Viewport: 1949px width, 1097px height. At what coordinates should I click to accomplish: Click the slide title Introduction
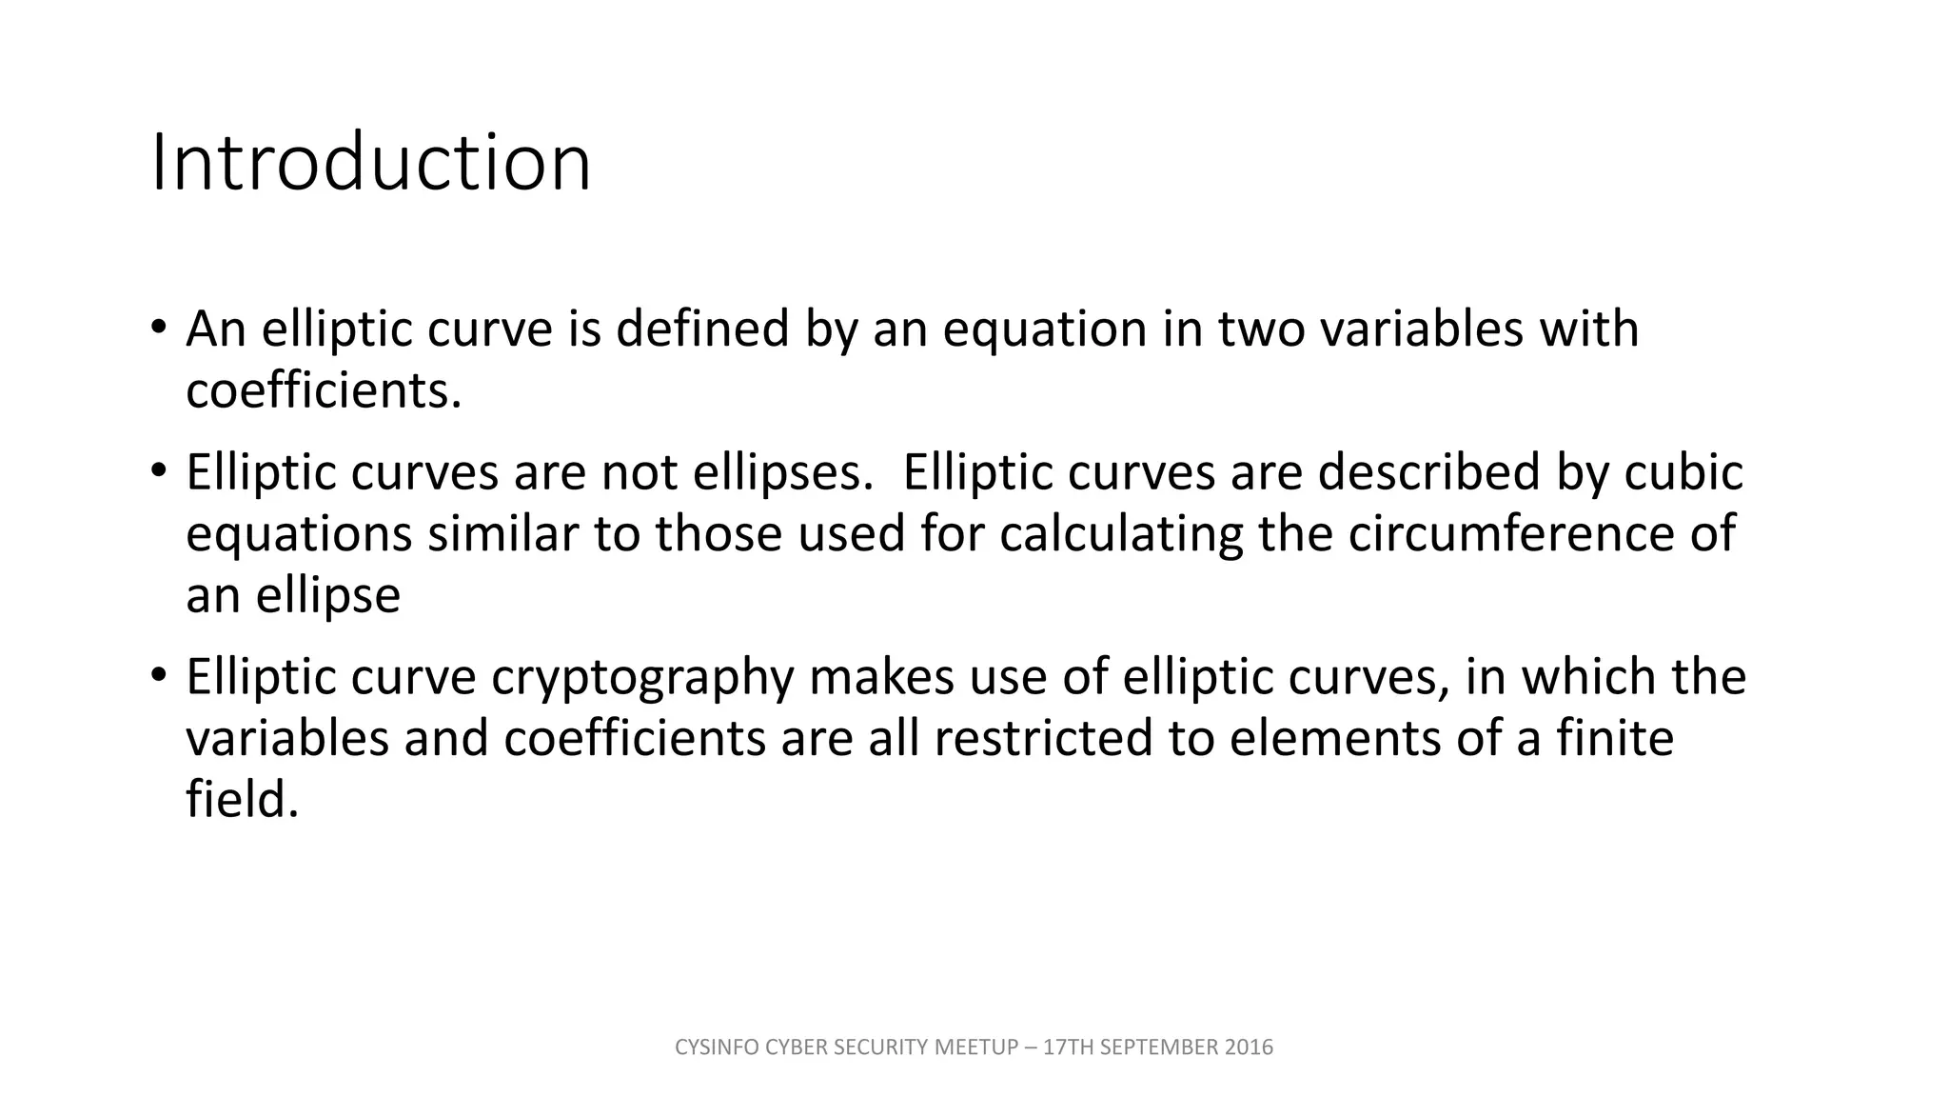pos(371,163)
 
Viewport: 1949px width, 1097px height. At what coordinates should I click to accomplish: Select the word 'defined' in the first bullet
pos(702,329)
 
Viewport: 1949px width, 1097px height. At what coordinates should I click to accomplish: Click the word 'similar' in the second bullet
pos(502,533)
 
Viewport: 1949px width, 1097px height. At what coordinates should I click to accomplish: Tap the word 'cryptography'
pos(642,678)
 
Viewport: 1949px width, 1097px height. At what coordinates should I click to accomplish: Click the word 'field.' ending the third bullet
pos(243,800)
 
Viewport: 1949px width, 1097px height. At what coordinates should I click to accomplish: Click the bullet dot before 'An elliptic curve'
pos(158,325)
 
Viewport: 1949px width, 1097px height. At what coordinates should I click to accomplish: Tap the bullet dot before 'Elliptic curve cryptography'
pos(158,673)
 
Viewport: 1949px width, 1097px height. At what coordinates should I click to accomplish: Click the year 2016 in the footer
pos(1249,1047)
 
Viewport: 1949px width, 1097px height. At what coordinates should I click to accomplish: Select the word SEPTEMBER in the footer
pos(1158,1047)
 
